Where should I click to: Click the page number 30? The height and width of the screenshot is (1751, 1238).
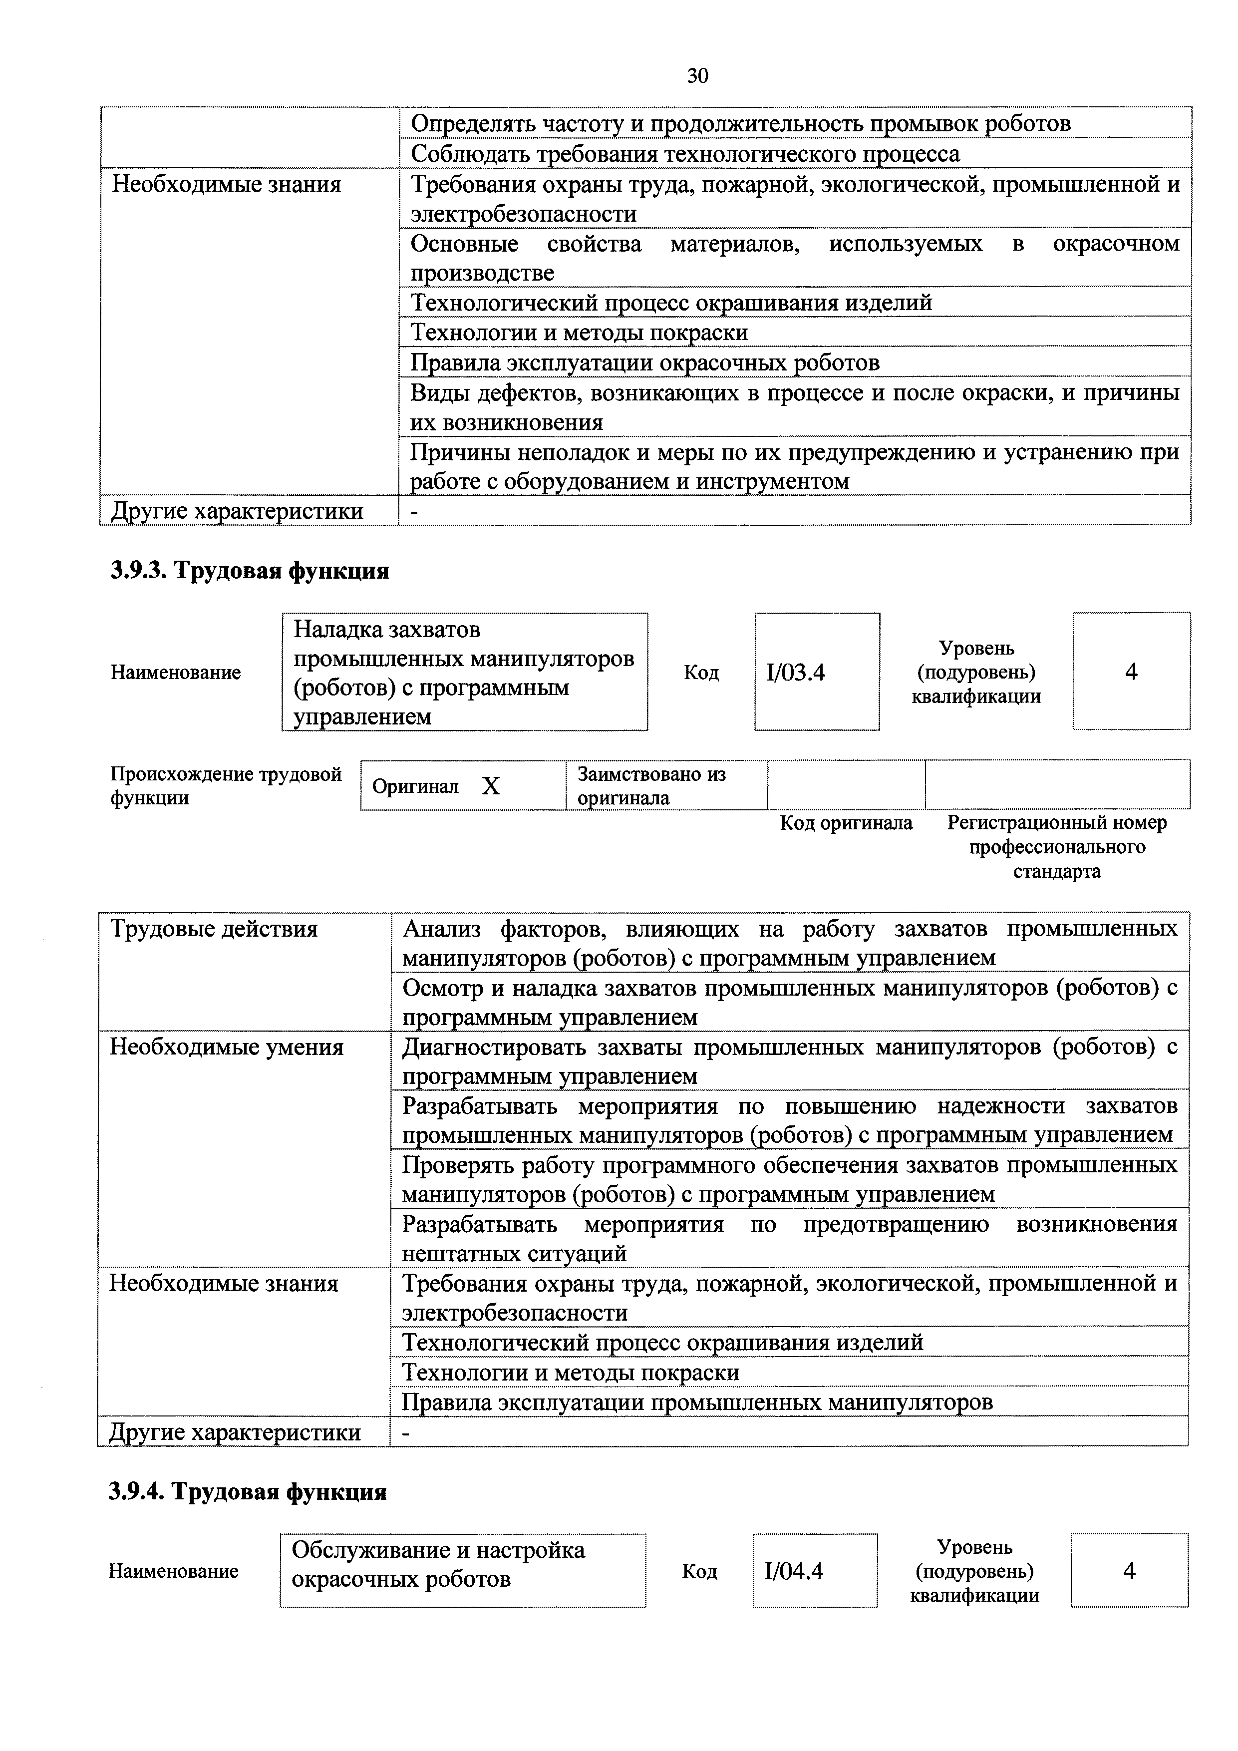(x=697, y=75)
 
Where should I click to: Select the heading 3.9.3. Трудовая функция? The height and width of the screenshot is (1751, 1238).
(x=249, y=571)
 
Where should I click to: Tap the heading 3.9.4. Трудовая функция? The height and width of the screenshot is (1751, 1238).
(x=247, y=1491)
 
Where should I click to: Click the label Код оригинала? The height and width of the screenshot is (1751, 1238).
(x=846, y=823)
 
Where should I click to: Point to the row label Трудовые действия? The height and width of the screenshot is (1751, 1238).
(x=214, y=929)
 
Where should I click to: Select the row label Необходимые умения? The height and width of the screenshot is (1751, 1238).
(x=227, y=1047)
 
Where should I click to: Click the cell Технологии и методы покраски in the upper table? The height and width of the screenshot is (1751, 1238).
(x=580, y=333)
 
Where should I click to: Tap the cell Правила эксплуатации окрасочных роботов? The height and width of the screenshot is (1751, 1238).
(x=645, y=362)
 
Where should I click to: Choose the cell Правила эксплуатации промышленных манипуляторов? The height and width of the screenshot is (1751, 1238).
(x=697, y=1401)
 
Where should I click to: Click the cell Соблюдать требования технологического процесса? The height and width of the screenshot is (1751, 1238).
(x=685, y=154)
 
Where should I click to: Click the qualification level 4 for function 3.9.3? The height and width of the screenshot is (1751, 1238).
(x=1131, y=672)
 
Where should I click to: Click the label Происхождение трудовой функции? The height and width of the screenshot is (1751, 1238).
(x=226, y=785)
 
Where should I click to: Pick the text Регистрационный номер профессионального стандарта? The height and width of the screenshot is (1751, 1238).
(x=1057, y=846)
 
